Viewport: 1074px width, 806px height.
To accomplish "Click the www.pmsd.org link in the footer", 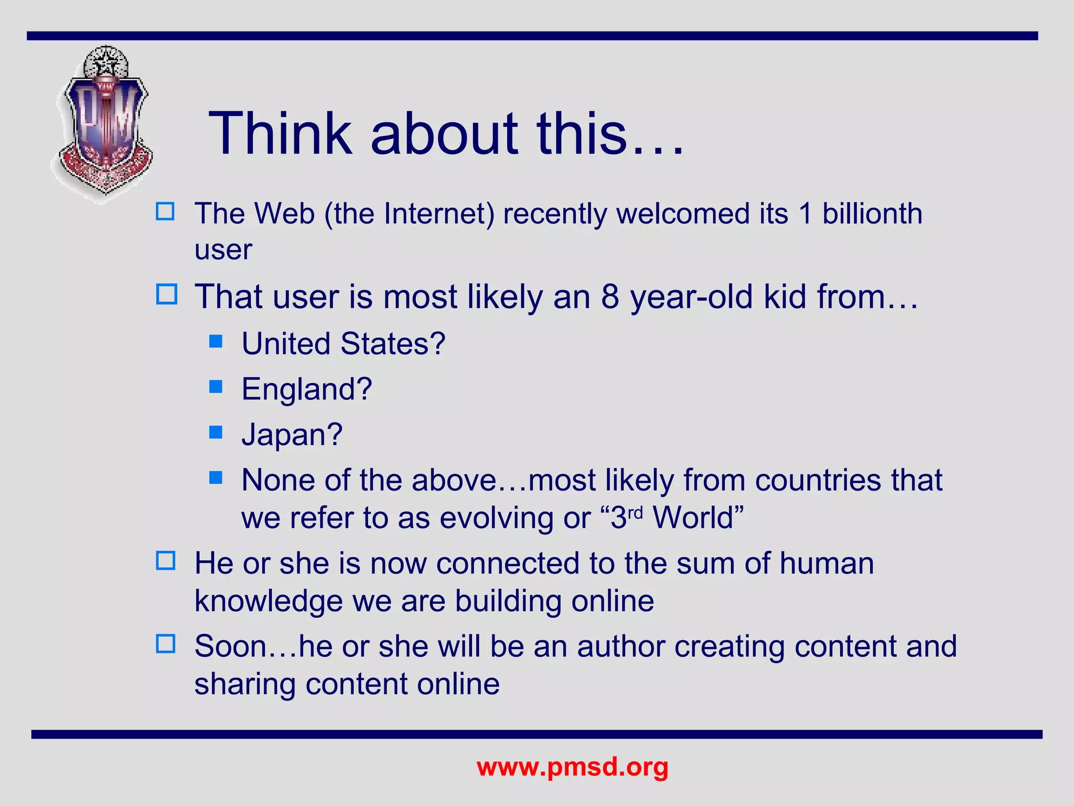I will (572, 767).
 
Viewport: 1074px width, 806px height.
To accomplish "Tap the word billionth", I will (872, 214).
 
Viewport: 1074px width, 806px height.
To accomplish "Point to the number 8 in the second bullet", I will (610, 297).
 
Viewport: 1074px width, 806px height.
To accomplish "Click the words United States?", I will (343, 344).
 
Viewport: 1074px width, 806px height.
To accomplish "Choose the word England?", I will (306, 389).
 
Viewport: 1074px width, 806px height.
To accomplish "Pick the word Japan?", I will (292, 434).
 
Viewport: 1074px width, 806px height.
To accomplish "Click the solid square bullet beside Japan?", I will (216, 432).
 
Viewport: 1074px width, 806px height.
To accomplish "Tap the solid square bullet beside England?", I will (216, 387).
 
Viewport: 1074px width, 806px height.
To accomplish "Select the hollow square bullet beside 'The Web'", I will (166, 211).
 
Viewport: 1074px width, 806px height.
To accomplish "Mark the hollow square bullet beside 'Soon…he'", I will (166, 644).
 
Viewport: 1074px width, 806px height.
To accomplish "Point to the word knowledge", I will (268, 601).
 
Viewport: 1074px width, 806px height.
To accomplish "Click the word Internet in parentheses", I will (438, 214).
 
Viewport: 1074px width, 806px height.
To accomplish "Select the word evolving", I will (496, 518).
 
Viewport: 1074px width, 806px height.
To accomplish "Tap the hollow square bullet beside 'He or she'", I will (166, 561).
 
